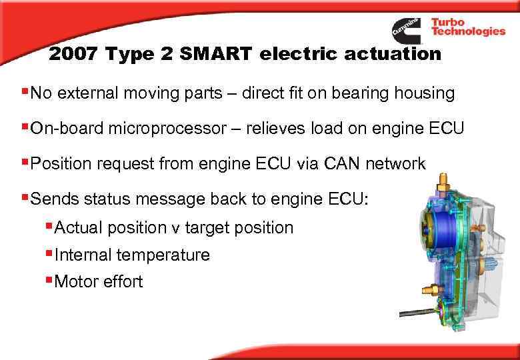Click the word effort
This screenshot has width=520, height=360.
coord(123,281)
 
